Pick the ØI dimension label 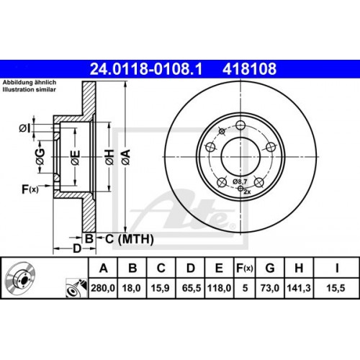click(x=23, y=128)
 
